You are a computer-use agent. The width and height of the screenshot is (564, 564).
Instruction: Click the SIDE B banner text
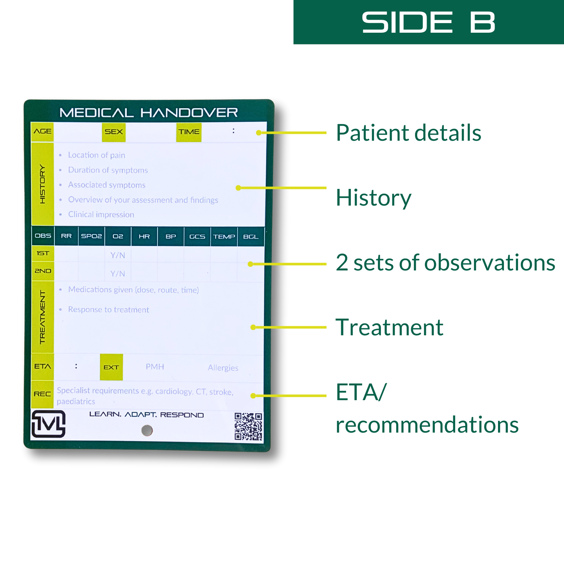[x=428, y=22]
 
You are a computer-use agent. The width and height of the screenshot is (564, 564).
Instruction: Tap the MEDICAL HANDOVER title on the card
[x=148, y=113]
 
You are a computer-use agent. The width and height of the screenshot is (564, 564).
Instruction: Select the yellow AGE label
[x=43, y=132]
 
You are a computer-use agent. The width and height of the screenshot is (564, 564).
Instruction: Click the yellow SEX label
[x=114, y=132]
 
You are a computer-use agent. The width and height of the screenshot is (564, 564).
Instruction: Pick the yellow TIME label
[x=189, y=132]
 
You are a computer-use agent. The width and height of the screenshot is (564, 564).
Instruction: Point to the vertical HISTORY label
[x=43, y=184]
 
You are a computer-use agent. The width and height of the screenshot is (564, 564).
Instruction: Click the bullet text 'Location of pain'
[x=96, y=155]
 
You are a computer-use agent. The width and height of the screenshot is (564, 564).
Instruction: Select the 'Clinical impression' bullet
[x=101, y=215]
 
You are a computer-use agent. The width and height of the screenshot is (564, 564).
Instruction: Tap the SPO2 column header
[x=91, y=236]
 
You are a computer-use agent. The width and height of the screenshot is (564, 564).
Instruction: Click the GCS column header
[x=197, y=237]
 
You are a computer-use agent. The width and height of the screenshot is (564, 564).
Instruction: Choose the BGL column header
[x=251, y=237]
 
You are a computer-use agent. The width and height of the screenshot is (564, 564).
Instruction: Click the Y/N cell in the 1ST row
[x=117, y=255]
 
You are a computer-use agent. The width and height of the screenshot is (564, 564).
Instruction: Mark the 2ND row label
[x=43, y=271]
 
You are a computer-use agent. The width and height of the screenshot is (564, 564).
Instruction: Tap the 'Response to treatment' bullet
[x=109, y=310]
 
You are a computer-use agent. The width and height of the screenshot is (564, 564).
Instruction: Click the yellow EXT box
[x=111, y=367]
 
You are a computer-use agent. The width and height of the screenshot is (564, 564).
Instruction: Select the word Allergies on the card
[x=223, y=368]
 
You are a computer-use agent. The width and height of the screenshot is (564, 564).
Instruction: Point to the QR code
[x=248, y=426]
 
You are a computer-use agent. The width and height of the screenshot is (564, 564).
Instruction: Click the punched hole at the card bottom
[x=147, y=431]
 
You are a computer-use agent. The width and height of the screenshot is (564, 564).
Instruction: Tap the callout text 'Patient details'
[x=408, y=133]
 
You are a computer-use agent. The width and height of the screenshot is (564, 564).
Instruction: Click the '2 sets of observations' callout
[x=445, y=262]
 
